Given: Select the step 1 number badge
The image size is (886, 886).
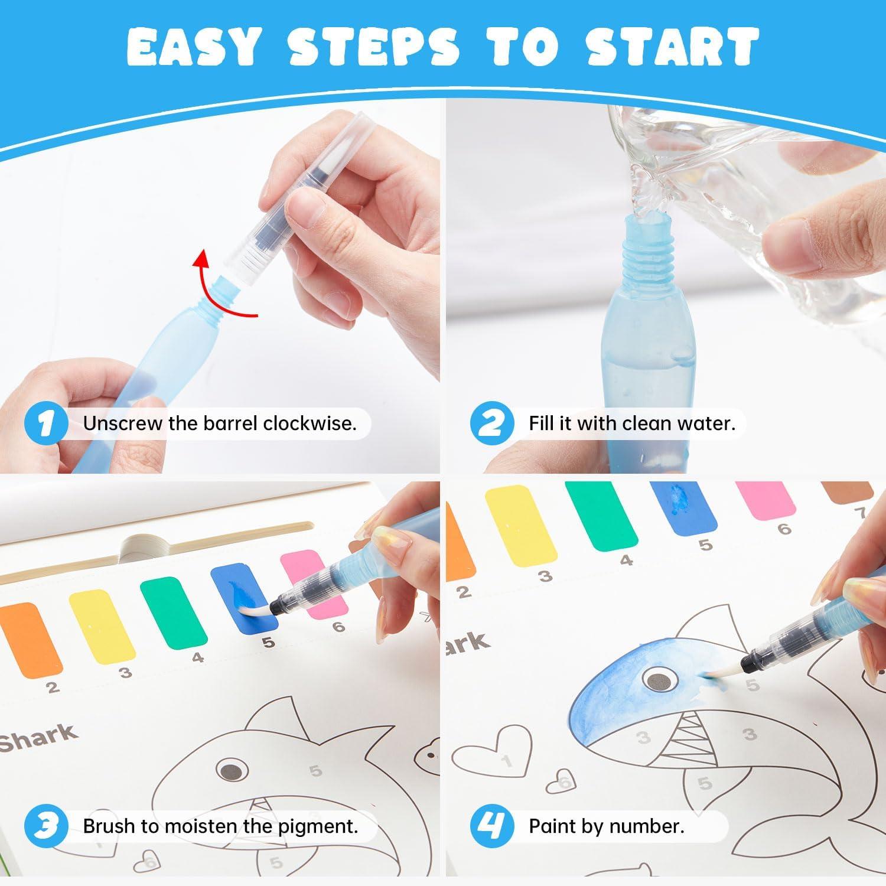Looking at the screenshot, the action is tap(46, 424).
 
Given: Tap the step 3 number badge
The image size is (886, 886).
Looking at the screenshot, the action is tap(46, 825).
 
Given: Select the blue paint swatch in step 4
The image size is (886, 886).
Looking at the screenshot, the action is tap(686, 506).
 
